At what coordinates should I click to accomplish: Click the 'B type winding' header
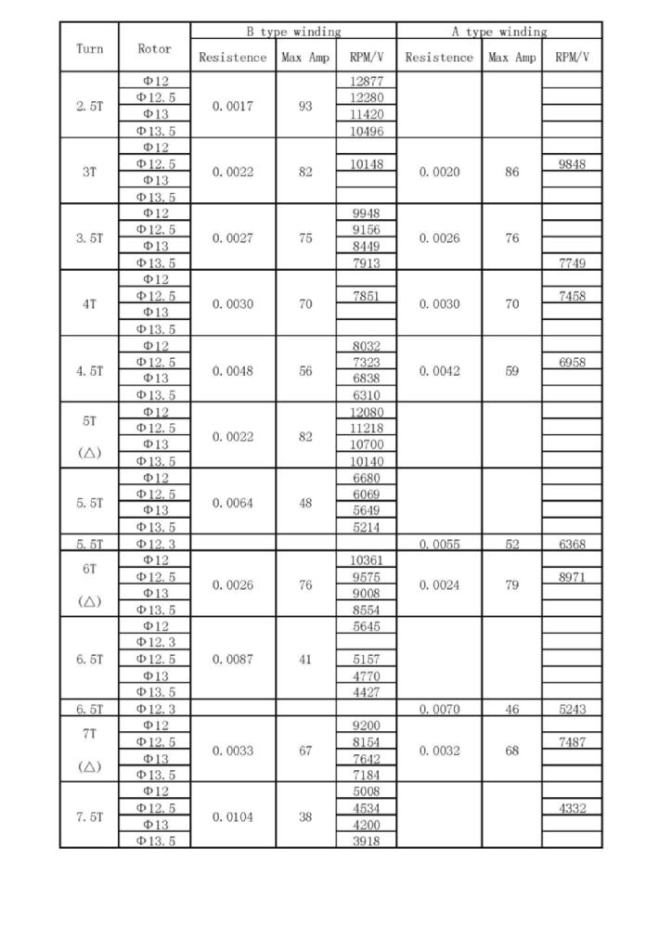tap(293, 32)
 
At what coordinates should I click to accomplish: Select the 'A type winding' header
tap(499, 32)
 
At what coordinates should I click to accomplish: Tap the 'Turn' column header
tap(89, 48)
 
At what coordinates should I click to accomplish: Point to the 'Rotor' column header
tap(154, 48)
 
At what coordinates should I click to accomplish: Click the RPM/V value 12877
tap(367, 82)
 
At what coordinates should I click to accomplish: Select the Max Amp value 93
tap(305, 106)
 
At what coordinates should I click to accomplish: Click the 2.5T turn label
tap(89, 106)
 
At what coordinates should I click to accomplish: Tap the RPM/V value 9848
tap(572, 164)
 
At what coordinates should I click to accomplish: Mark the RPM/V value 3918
tap(367, 841)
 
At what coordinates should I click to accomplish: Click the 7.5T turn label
tap(89, 817)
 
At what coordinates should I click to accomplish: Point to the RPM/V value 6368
tap(572, 545)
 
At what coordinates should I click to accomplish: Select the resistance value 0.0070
tap(438, 710)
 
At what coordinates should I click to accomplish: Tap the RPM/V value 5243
tap(572, 710)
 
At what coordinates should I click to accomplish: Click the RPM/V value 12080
tap(367, 412)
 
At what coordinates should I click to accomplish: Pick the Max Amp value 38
tap(305, 817)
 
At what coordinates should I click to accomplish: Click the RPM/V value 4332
tap(572, 809)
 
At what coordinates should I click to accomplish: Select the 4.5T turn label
tap(89, 371)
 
